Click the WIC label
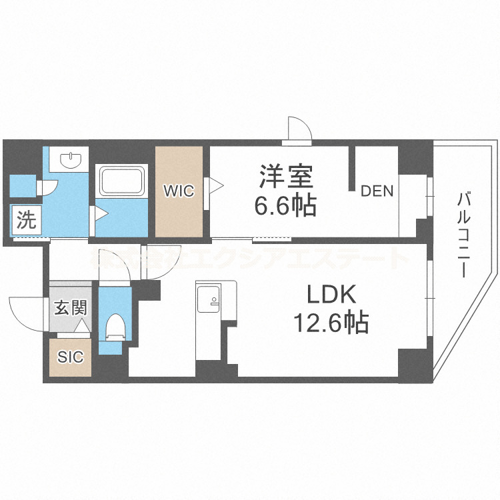pyautogui.click(x=179, y=191)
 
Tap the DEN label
pyautogui.click(x=377, y=191)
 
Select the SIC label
pyautogui.click(x=70, y=357)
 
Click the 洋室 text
pyautogui.click(x=286, y=178)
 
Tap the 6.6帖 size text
pyautogui.click(x=286, y=206)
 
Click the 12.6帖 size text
pyautogui.click(x=333, y=323)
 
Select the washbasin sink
pyautogui.click(x=70, y=160)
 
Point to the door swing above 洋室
pyautogui.click(x=298, y=129)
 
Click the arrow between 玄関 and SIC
pyautogui.click(x=81, y=327)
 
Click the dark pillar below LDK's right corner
pyautogui.click(x=415, y=363)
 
